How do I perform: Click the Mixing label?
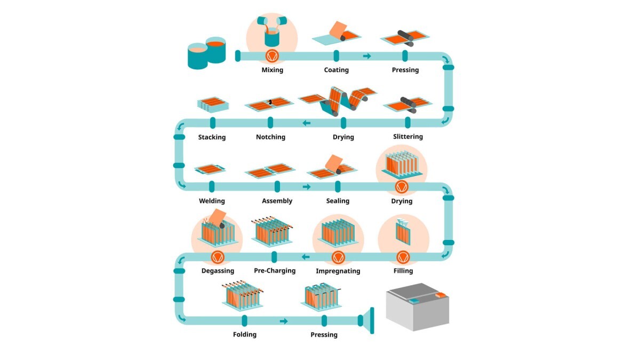[272, 70]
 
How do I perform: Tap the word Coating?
[336, 70]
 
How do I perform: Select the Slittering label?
[408, 137]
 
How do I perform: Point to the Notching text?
[270, 137]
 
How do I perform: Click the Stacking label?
[212, 137]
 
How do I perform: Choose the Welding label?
[212, 201]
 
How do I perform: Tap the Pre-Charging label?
[275, 270]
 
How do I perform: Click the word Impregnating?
[338, 271]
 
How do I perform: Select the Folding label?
[244, 334]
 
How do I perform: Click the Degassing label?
[218, 270]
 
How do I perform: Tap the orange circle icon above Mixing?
[272, 55]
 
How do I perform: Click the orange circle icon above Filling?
[403, 257]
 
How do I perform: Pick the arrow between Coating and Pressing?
[367, 56]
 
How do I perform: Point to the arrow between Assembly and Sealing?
[307, 187]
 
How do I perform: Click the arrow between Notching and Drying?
[307, 123]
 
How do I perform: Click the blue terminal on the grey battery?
[414, 301]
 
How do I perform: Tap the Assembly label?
[277, 201]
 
